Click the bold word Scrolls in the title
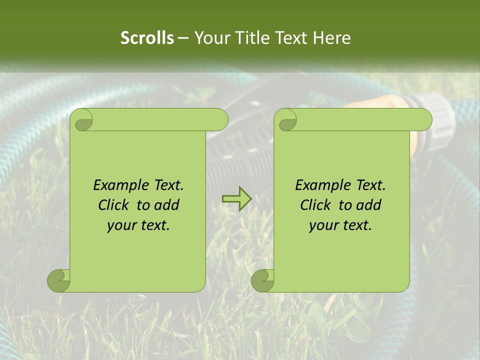(x=147, y=37)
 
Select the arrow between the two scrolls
(x=236, y=199)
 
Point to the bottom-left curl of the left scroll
(x=58, y=280)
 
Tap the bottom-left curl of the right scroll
(x=262, y=280)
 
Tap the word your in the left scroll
(x=120, y=225)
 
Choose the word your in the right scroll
(x=322, y=225)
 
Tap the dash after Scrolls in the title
(x=183, y=38)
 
